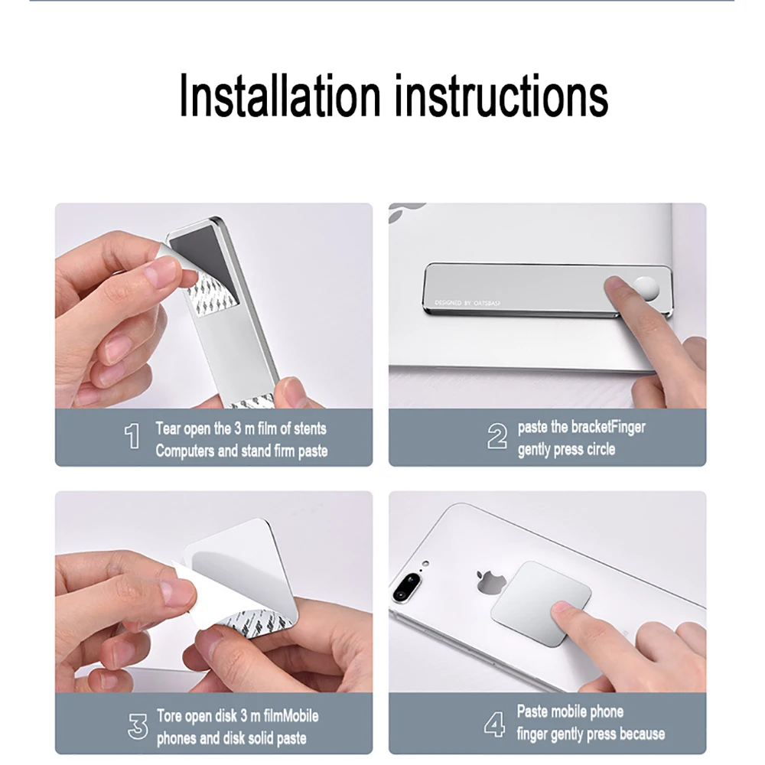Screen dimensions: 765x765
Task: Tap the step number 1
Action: click(x=132, y=436)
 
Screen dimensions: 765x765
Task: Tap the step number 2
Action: click(x=497, y=436)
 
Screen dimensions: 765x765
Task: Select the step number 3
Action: click(x=138, y=727)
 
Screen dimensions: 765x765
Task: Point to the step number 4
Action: click(x=495, y=724)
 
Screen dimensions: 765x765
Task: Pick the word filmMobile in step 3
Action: click(x=291, y=716)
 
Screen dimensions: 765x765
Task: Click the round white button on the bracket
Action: click(x=646, y=289)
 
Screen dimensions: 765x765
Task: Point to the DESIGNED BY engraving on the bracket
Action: click(x=467, y=303)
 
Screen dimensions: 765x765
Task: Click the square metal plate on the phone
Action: click(x=541, y=604)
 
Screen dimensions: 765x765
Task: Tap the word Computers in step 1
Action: click(x=185, y=451)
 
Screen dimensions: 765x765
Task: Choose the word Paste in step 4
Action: click(x=531, y=711)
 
